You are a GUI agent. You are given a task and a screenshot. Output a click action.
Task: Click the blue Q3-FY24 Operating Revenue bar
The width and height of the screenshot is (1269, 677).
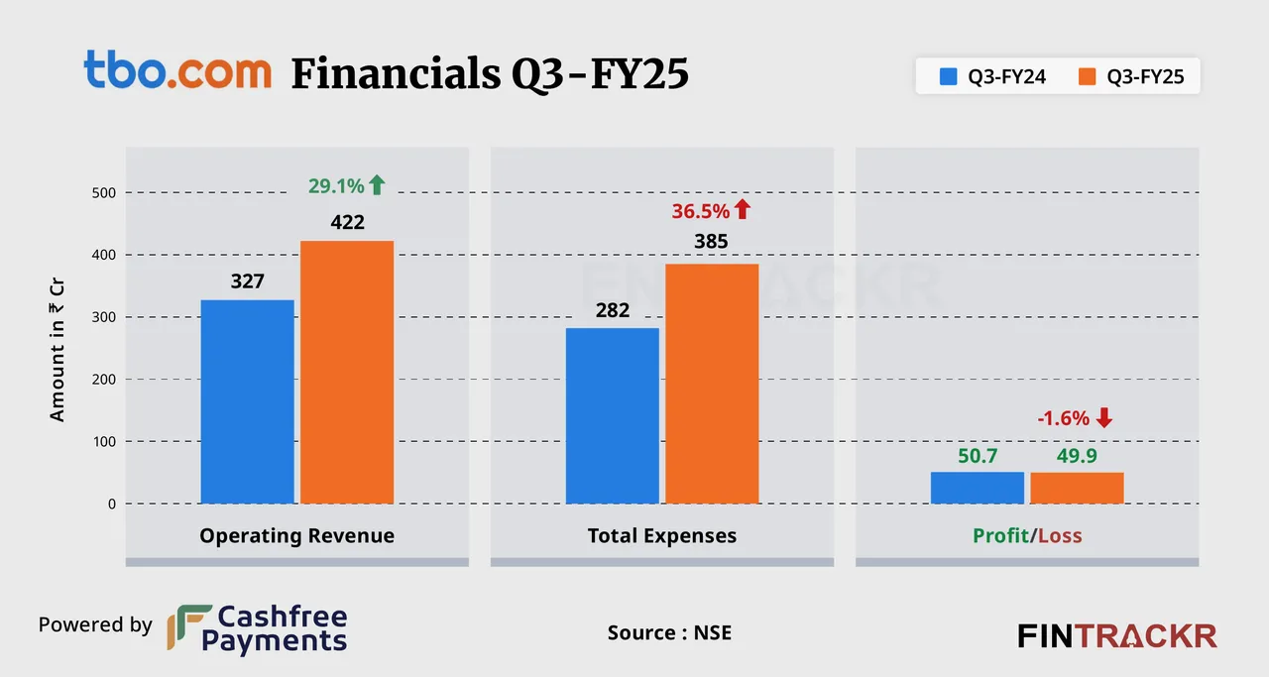tap(247, 401)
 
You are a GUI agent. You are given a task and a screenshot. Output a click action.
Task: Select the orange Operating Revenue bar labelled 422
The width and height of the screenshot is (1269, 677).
tap(347, 372)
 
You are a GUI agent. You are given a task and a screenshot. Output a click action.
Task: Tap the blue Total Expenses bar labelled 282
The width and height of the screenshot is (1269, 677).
tap(612, 415)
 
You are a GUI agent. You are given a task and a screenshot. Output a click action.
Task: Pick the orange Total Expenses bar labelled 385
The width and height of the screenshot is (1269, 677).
tap(712, 384)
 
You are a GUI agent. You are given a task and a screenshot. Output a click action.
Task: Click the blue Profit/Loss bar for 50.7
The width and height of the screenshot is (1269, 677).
tap(977, 488)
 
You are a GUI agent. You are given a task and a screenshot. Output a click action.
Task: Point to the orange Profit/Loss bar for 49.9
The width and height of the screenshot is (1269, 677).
tap(1077, 488)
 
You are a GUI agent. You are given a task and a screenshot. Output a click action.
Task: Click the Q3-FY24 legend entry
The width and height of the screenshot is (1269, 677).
tap(993, 75)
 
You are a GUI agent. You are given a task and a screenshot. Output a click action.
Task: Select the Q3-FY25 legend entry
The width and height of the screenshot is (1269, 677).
tap(1131, 75)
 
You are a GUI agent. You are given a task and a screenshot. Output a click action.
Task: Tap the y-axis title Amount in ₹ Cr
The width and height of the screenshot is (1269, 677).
tap(58, 348)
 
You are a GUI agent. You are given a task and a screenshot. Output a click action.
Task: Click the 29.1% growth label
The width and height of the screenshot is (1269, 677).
tap(335, 185)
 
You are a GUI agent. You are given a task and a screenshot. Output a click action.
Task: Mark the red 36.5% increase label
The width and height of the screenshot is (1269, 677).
tap(700, 210)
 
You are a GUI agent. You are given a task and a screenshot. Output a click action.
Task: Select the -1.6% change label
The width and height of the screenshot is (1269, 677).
tap(1063, 418)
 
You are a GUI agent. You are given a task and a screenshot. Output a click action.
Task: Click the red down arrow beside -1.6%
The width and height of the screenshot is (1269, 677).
tap(1104, 418)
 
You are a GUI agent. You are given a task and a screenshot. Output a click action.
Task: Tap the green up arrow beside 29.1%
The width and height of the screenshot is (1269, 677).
tap(377, 184)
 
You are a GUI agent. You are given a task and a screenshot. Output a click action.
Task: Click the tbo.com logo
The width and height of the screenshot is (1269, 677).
tap(176, 70)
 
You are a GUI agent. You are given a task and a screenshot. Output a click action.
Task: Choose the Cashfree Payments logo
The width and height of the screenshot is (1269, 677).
tap(257, 629)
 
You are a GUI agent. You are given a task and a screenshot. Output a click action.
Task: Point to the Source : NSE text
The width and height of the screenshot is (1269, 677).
tap(669, 631)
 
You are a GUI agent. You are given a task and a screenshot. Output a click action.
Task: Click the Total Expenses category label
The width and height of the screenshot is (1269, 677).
tap(662, 536)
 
